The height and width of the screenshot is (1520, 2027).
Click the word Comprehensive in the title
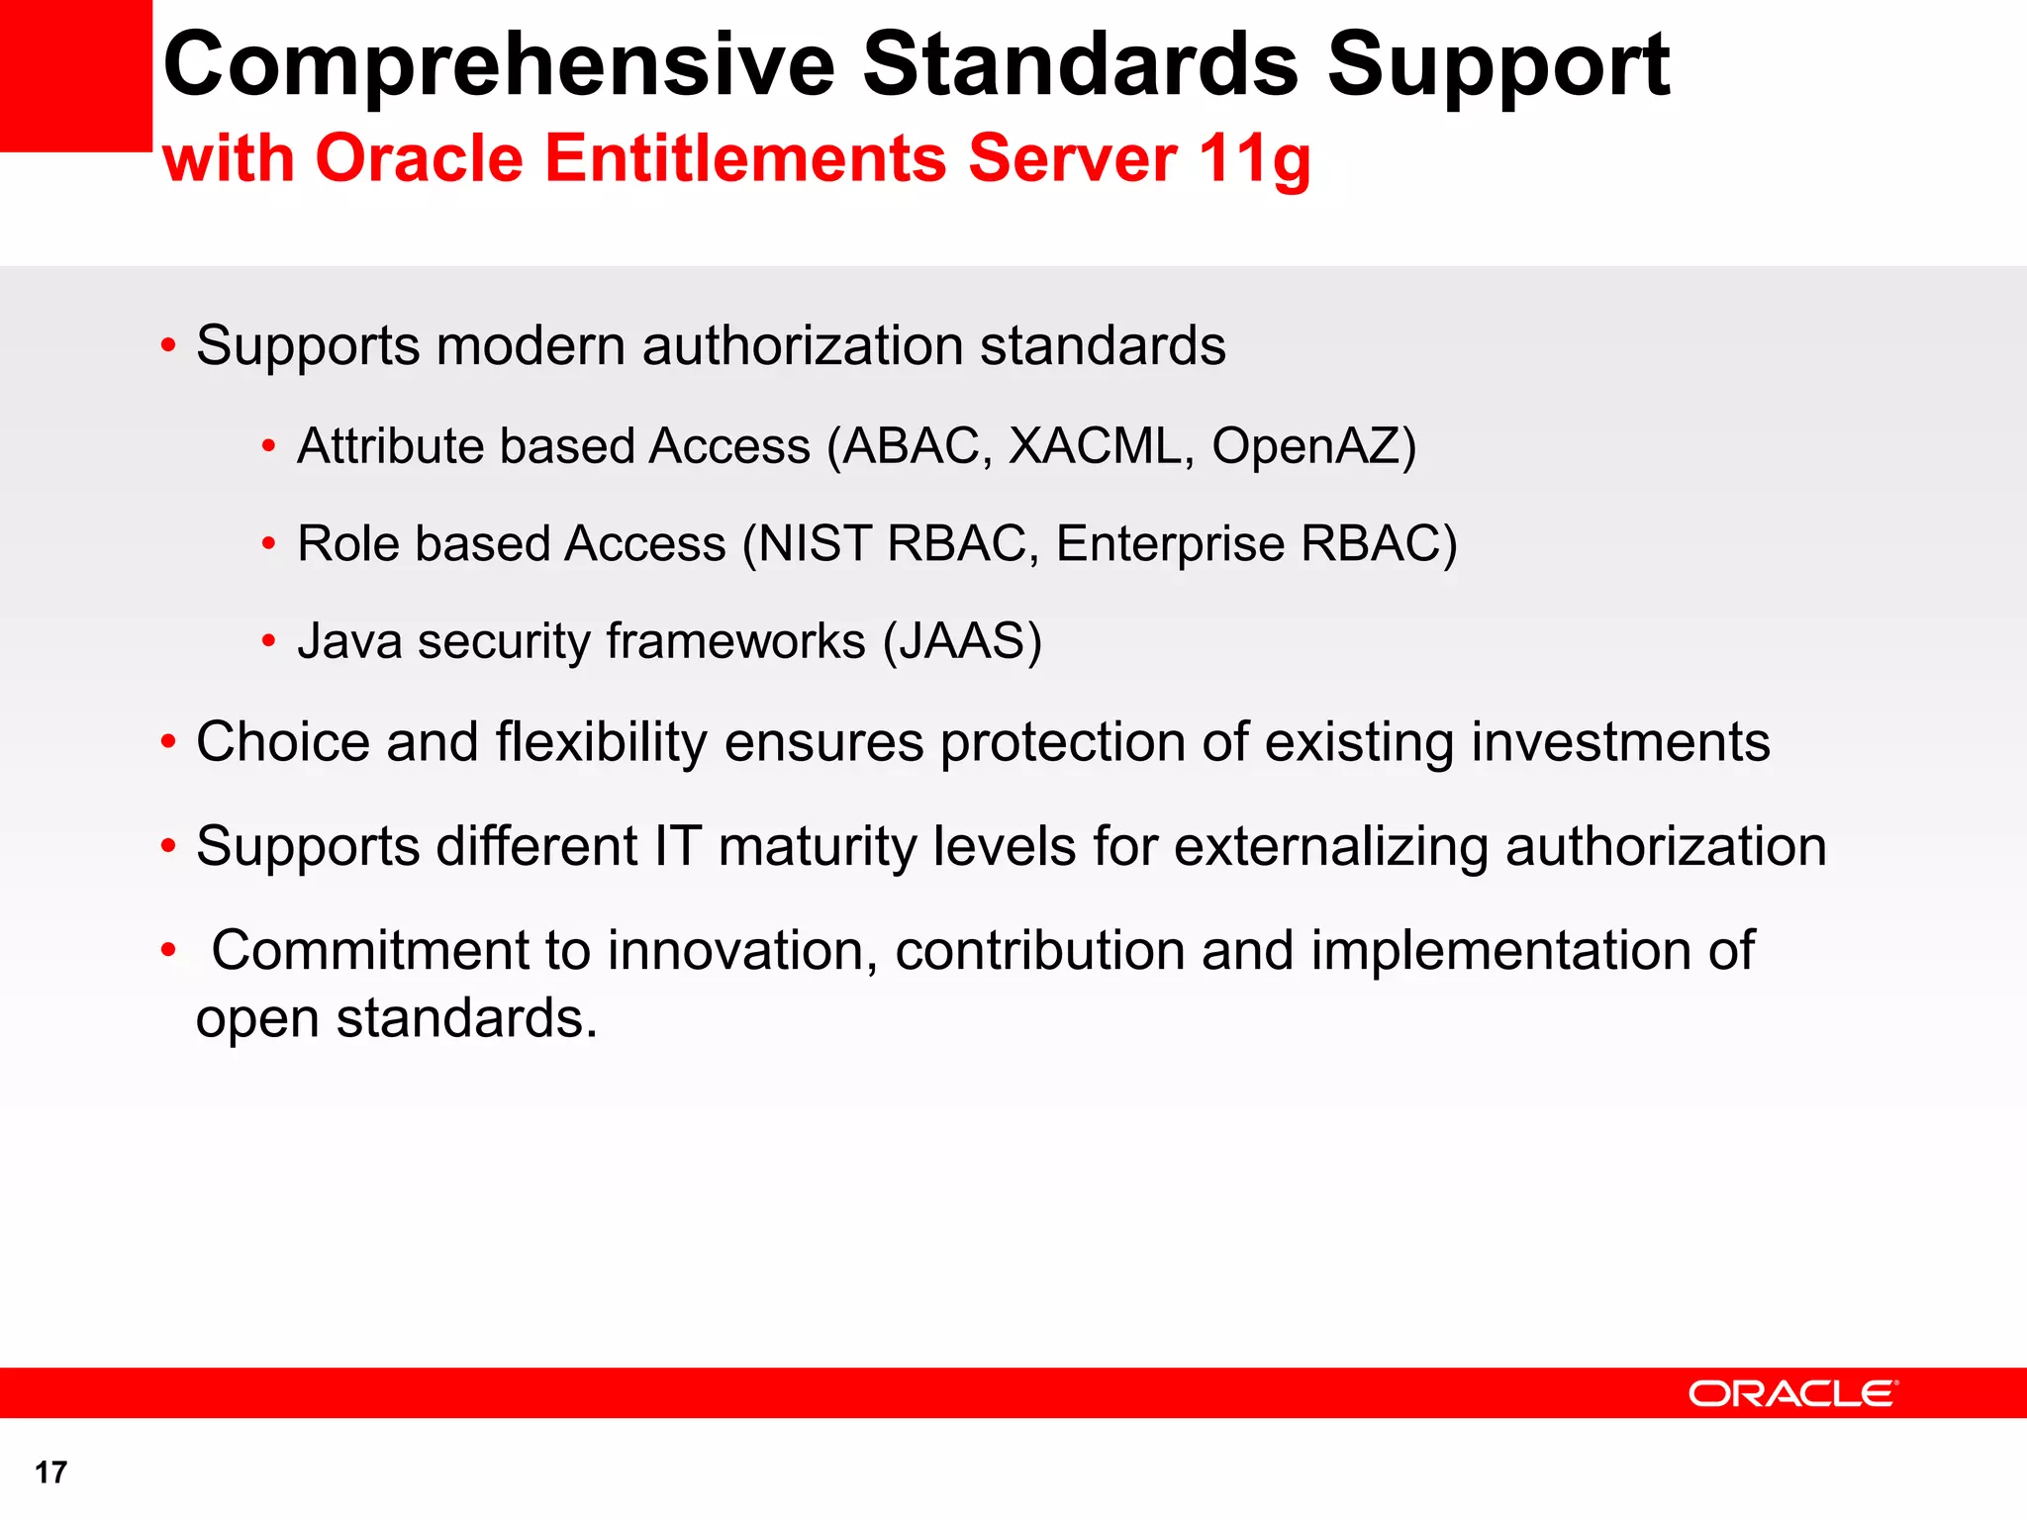(x=499, y=65)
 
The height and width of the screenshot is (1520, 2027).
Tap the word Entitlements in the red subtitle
(x=746, y=158)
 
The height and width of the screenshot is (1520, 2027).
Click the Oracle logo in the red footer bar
(x=1792, y=1393)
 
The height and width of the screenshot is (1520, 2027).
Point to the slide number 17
(x=50, y=1472)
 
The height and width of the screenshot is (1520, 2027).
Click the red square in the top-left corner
(x=75, y=75)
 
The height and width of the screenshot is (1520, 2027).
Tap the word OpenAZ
(x=1306, y=446)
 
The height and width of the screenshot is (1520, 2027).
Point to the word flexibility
(x=601, y=742)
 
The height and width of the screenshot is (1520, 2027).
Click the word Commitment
(x=371, y=951)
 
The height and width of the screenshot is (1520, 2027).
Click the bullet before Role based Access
(x=268, y=544)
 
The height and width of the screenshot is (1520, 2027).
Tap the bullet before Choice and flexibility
(x=168, y=742)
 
